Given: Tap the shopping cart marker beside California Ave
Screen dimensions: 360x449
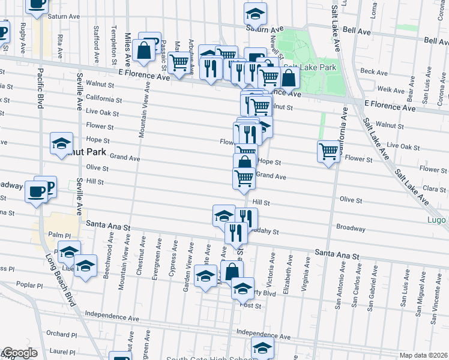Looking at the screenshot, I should (x=328, y=151).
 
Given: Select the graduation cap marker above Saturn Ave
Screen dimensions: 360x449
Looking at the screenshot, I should (x=255, y=13).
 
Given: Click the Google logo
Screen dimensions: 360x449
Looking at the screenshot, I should (x=20, y=353).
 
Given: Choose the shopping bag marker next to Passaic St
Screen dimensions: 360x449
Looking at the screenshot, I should (x=144, y=51).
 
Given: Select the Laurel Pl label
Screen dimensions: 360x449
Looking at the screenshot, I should (x=63, y=352).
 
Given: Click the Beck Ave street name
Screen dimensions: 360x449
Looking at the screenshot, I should (x=373, y=71).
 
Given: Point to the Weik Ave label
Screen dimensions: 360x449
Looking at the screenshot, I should (x=391, y=89).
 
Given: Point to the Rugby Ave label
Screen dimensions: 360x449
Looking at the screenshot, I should (x=23, y=35).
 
